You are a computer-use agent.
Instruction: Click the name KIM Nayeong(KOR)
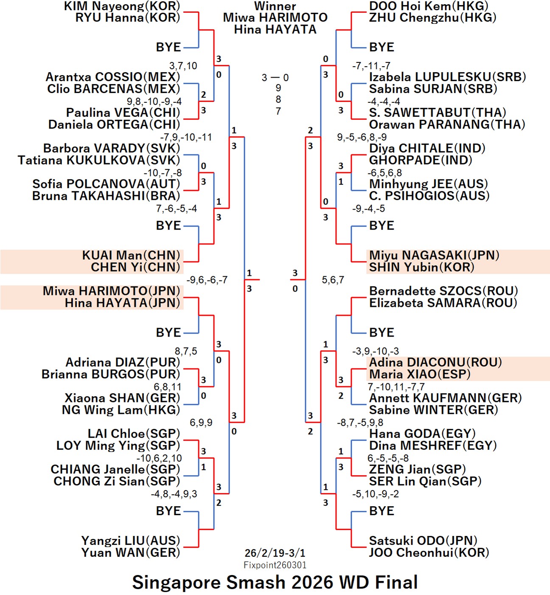point(122,6)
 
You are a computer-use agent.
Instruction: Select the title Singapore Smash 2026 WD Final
point(275,582)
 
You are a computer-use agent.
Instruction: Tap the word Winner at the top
point(275,6)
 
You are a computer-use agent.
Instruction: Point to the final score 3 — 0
point(275,78)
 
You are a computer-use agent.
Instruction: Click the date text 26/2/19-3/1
point(275,553)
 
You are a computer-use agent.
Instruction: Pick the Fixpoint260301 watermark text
point(275,565)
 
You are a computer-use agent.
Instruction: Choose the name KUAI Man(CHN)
point(131,255)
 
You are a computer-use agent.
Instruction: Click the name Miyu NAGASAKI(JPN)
point(434,255)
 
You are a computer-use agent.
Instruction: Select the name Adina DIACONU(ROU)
point(435,363)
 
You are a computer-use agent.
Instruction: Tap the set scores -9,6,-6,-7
point(207,280)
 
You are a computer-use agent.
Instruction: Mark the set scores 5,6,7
point(333,280)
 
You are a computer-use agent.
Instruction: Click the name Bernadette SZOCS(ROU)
point(443,291)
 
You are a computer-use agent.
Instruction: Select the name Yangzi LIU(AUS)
point(131,541)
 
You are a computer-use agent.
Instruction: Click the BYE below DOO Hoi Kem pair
point(382,47)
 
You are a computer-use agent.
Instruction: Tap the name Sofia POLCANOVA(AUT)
point(106,184)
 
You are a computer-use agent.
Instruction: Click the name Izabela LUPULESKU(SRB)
point(447,77)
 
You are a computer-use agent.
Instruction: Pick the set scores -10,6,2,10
point(159,459)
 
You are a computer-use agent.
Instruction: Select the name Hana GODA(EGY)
point(422,434)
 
